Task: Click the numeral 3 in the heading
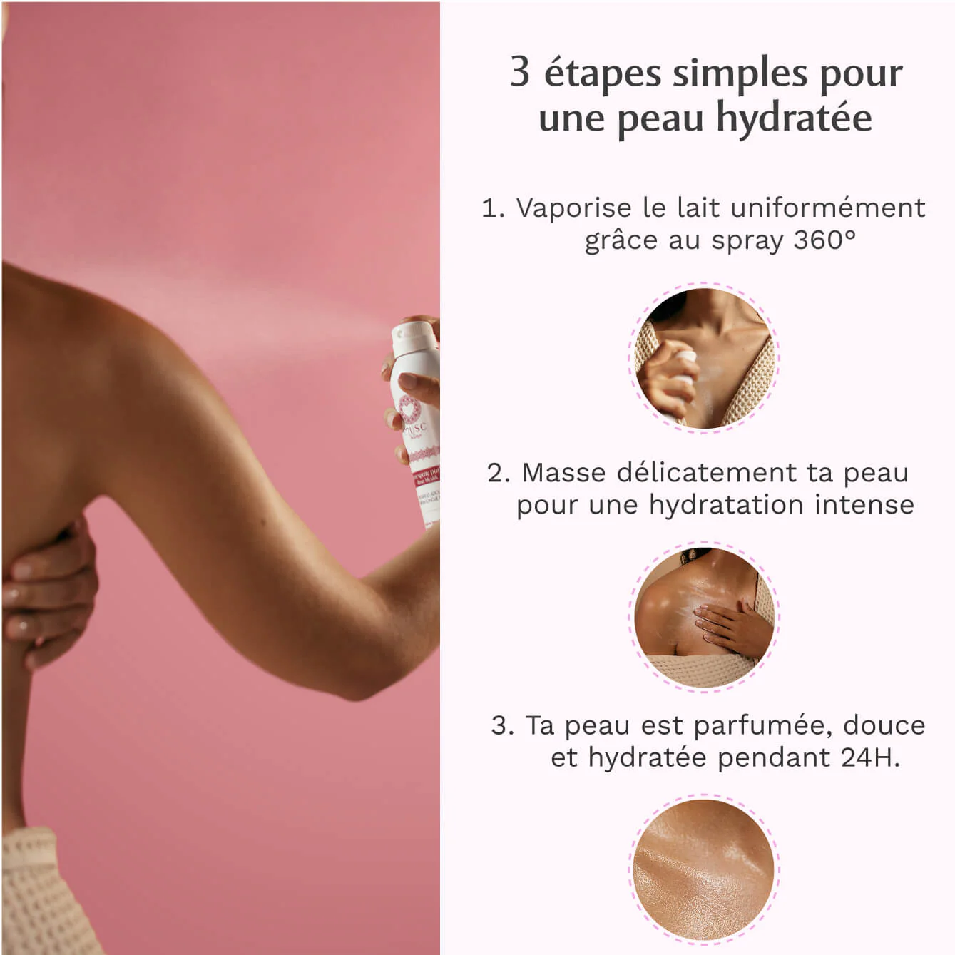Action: pos(520,72)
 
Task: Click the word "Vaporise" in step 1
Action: pos(574,208)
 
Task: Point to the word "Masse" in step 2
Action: pos(563,472)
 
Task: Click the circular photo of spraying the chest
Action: pos(704,359)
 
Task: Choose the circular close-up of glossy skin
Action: pos(704,869)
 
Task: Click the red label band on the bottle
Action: pos(426,476)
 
